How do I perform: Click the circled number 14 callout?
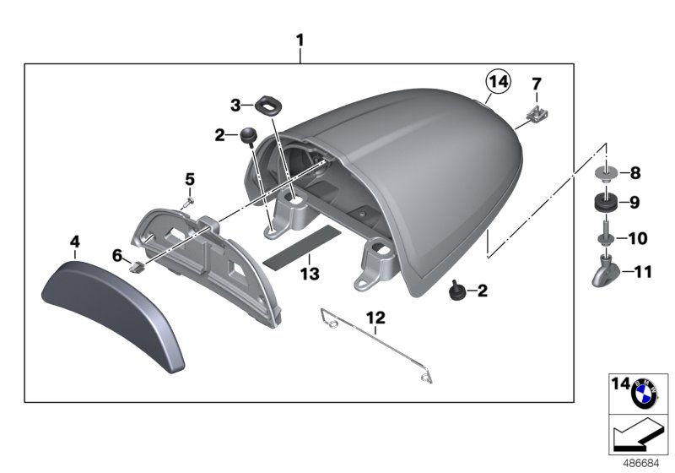tap(498, 81)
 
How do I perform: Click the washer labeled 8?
tap(604, 174)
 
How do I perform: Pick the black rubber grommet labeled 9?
tap(604, 204)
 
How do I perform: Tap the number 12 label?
tap(375, 318)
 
